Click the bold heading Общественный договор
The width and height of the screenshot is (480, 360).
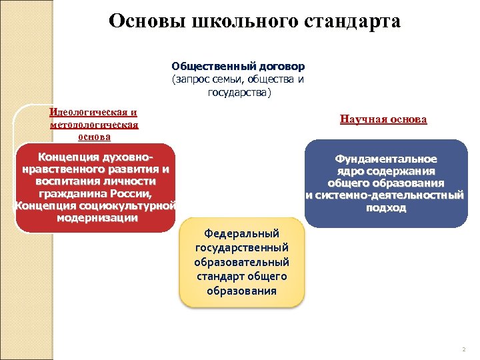click(238, 67)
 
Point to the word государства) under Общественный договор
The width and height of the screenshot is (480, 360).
click(239, 91)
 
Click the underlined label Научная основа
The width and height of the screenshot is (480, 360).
click(383, 119)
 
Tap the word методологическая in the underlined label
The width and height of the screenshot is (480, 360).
click(93, 124)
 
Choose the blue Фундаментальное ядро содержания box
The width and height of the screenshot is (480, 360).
click(386, 183)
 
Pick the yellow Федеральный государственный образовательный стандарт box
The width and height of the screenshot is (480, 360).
click(241, 263)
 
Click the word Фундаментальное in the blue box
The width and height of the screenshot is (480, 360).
click(386, 159)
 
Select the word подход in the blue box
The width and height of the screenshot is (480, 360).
click(386, 207)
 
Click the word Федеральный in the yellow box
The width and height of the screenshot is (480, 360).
click(241, 233)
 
